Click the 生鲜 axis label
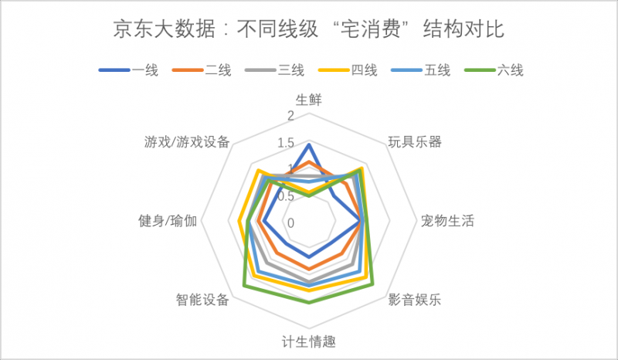309,100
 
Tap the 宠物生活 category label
447,221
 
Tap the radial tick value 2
290,116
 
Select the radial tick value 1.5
287,143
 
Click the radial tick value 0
290,222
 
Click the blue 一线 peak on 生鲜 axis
309,144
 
